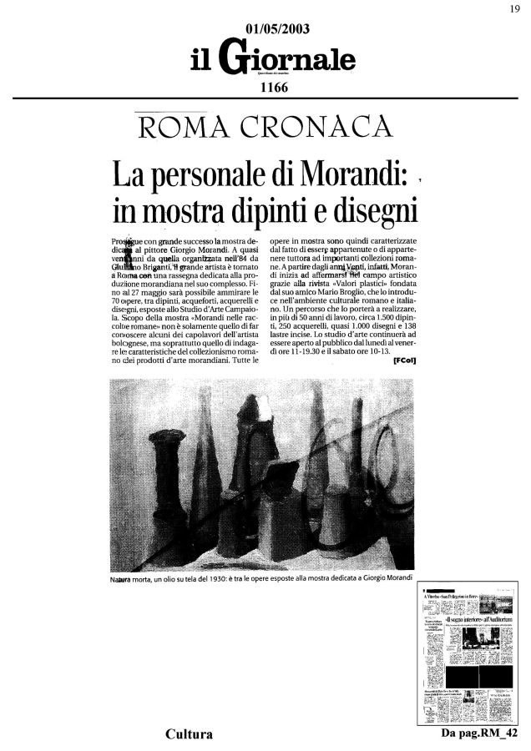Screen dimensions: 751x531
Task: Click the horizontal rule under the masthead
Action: (265, 98)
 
